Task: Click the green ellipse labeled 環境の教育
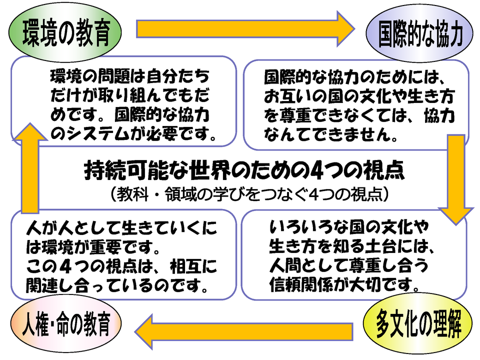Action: pyautogui.click(x=65, y=32)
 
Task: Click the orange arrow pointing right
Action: pyautogui.click(x=245, y=29)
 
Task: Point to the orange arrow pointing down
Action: pyautogui.click(x=456, y=179)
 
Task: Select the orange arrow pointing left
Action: pyautogui.click(x=243, y=331)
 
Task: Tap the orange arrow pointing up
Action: pyautogui.click(x=30, y=168)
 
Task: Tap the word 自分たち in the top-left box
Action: pyautogui.click(x=178, y=76)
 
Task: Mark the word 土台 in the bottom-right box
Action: pyautogui.click(x=380, y=246)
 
